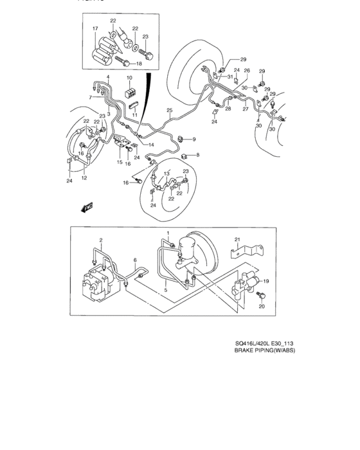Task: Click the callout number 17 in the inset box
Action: [94, 29]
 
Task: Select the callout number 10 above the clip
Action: [129, 78]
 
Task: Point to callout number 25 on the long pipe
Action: [170, 111]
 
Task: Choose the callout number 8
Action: [197, 155]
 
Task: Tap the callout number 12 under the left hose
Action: [84, 178]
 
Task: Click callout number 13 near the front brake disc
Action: [166, 174]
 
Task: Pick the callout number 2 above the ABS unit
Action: [100, 240]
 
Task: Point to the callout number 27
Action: [245, 109]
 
